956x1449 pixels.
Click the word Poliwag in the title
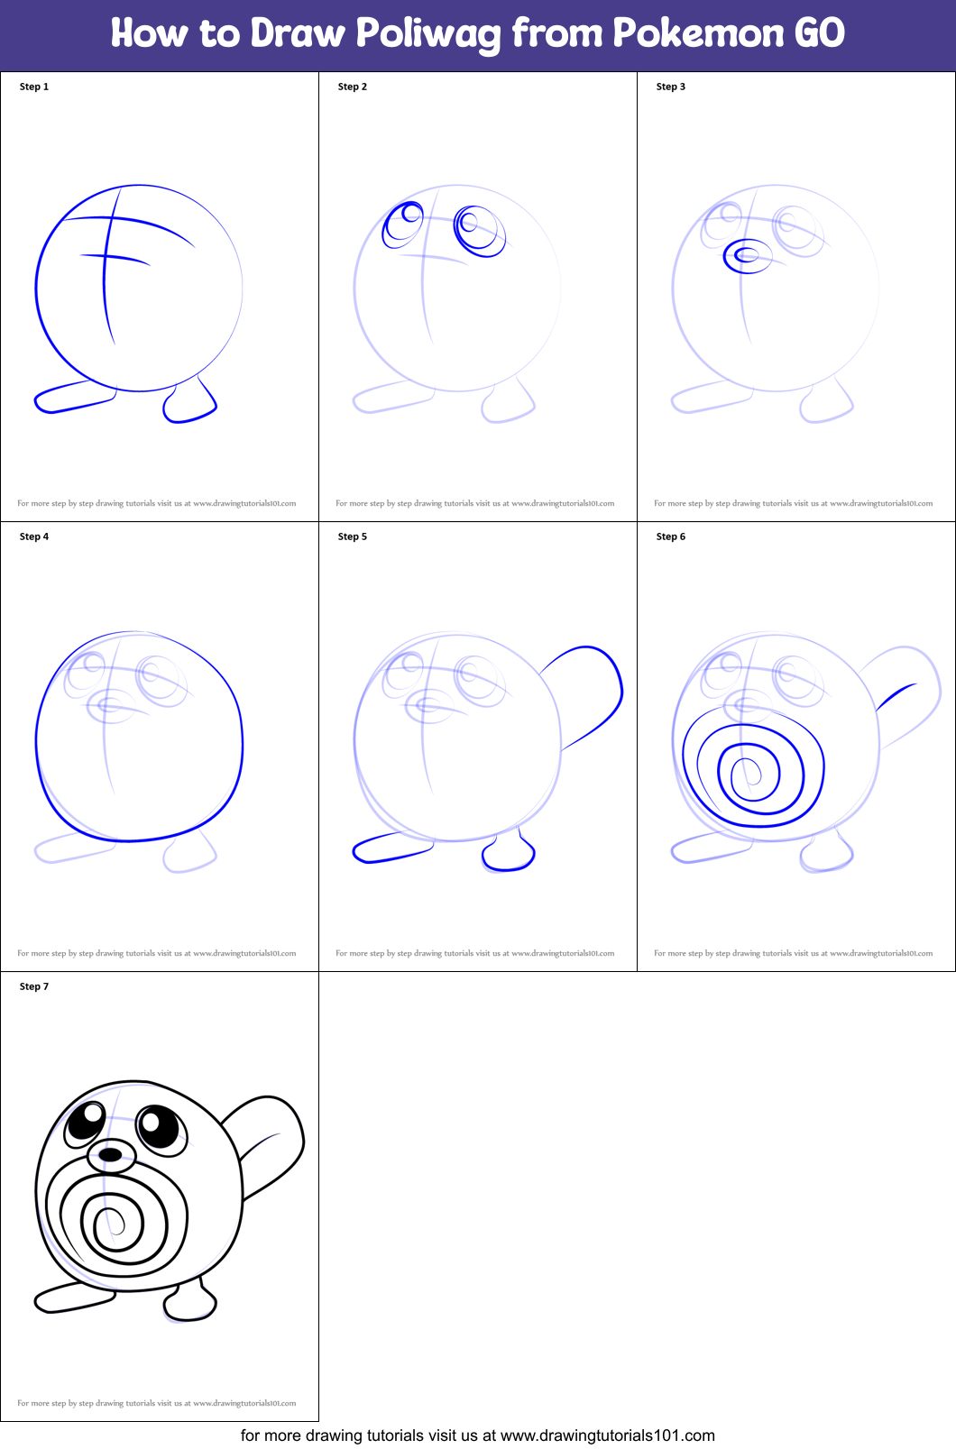tap(427, 34)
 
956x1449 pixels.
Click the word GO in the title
tap(819, 33)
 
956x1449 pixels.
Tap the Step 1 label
tap(34, 87)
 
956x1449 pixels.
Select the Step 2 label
tap(353, 87)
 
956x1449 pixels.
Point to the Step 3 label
tap(671, 87)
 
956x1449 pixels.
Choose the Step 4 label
tap(34, 536)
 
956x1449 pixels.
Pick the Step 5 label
tap(353, 536)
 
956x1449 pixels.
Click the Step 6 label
tap(671, 536)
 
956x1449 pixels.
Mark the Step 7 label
tap(34, 986)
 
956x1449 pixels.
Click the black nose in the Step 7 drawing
tap(110, 1154)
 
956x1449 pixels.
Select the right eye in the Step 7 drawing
tap(159, 1127)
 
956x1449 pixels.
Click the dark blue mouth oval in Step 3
tap(747, 256)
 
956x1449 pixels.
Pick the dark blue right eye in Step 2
tap(479, 230)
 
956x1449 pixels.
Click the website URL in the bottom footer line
tap(607, 1435)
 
